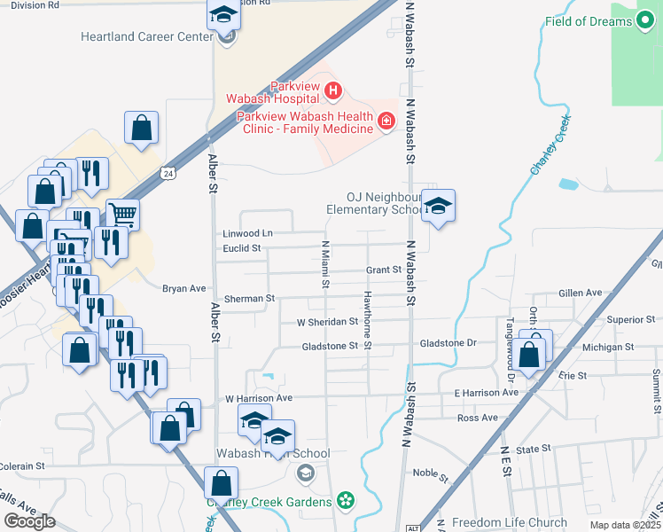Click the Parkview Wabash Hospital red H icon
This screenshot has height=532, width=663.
coord(333,90)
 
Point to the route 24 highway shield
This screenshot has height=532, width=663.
coord(168,173)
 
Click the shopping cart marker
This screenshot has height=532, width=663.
coord(122,214)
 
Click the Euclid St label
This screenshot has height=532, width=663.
coord(242,248)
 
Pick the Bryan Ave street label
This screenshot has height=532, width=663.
coord(183,288)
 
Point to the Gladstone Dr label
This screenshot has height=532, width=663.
coord(448,342)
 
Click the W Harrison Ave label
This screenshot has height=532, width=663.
coord(258,398)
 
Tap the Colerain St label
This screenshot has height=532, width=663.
coord(22,465)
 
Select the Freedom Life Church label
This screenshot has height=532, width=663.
coord(509,522)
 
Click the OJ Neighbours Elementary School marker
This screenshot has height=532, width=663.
coord(437,207)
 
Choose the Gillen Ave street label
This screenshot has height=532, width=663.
coord(581,293)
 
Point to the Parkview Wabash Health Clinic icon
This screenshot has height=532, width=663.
coord(386,121)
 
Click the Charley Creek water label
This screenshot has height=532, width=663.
coord(550,153)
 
